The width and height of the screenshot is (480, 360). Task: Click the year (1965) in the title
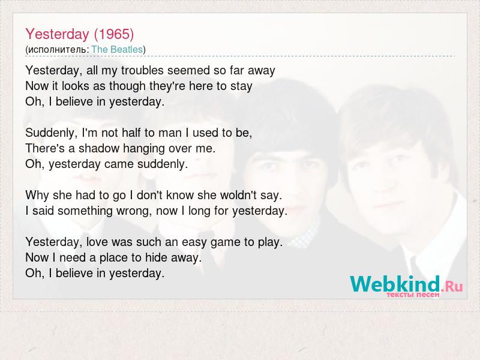point(114,34)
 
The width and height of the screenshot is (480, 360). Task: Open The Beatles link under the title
point(117,49)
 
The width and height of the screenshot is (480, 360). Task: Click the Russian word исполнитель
point(58,50)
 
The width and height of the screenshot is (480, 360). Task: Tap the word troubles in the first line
point(142,70)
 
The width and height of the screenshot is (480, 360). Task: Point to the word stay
point(241,86)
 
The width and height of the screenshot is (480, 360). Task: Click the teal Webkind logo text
point(395,284)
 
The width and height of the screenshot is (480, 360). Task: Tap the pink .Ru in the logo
point(452,287)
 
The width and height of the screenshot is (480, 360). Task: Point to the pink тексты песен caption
point(413,295)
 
